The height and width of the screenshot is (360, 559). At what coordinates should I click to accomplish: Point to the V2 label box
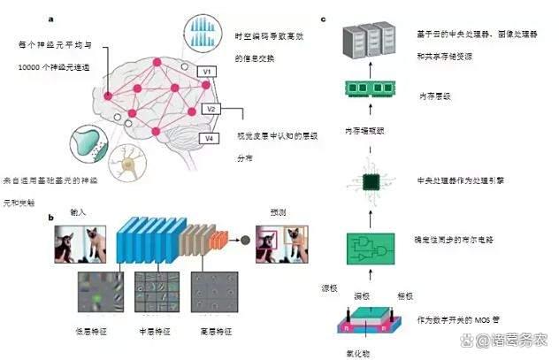coord(210,109)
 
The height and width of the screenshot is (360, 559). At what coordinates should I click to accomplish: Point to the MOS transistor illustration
coord(365,323)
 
